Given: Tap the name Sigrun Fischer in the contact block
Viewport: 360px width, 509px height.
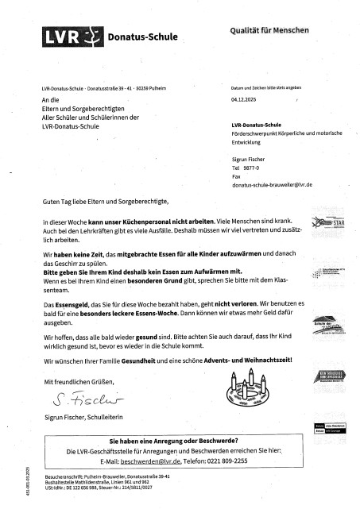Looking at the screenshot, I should tap(250, 159).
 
